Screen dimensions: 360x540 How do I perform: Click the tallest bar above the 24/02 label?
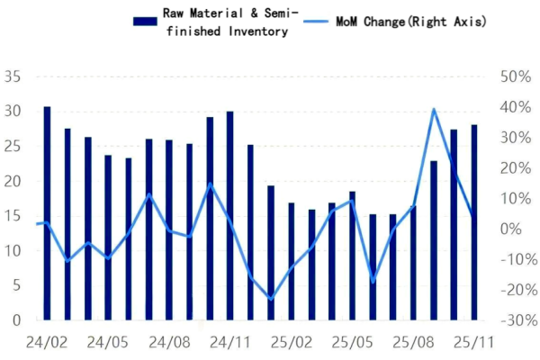click(x=47, y=213)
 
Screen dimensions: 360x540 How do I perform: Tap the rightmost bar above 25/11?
click(x=473, y=222)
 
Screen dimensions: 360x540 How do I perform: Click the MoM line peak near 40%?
click(x=434, y=109)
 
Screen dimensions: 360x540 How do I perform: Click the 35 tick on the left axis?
click(x=12, y=78)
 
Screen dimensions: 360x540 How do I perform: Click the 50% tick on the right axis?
click(x=509, y=78)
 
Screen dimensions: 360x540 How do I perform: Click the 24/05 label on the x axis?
click(x=107, y=343)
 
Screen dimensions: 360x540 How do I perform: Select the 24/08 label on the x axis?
click(x=168, y=343)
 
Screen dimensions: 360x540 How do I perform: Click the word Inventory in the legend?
click(x=256, y=31)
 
